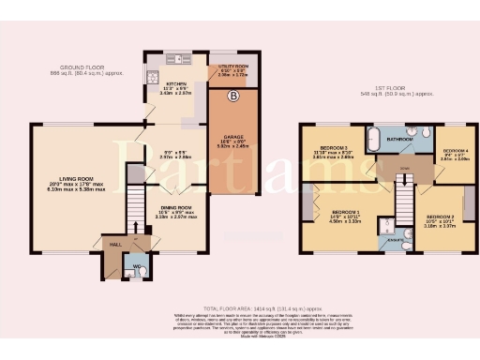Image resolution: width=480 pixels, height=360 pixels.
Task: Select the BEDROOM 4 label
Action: tap(455, 151)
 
